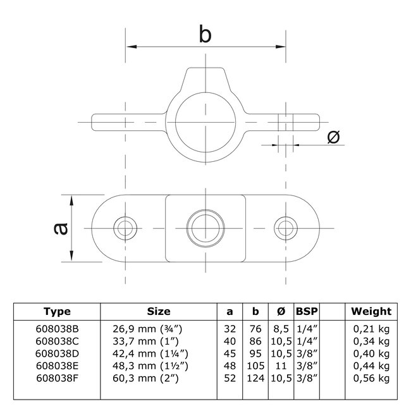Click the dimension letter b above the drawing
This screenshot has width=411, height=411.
[x=205, y=34]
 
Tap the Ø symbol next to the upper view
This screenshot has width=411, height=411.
[x=334, y=136]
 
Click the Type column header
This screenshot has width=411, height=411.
[x=57, y=311]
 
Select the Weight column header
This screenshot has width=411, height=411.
[x=371, y=311]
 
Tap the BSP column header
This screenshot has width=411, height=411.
[x=307, y=311]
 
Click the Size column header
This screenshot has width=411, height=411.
[x=159, y=311]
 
